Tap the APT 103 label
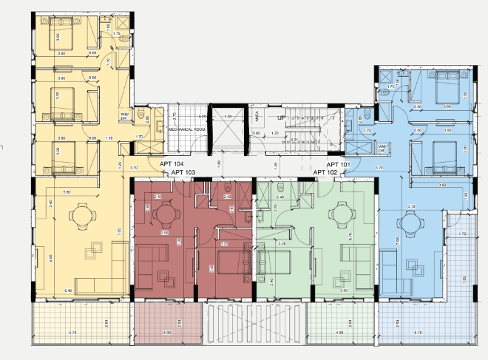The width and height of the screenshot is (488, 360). pos(183,172)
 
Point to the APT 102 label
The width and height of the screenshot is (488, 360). pos(325,172)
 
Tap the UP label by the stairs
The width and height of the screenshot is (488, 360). pos(281,118)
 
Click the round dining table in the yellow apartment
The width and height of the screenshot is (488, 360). pos(80,217)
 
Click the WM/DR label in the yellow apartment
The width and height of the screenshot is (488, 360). pos(126,115)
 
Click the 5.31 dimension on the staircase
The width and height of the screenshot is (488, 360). pos(294,138)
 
